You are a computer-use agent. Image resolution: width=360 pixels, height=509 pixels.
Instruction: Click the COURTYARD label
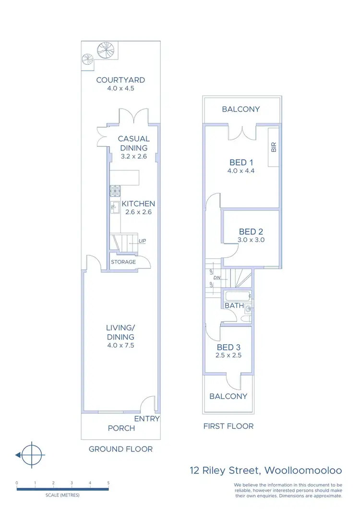point(120,80)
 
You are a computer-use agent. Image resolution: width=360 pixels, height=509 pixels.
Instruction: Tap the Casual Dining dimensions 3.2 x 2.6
point(133,157)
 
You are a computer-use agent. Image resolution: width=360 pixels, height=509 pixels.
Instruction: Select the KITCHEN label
point(138,204)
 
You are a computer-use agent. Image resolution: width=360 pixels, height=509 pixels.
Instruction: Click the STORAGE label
point(123,262)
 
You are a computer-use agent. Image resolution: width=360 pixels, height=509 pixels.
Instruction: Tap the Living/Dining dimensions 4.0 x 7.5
point(120,345)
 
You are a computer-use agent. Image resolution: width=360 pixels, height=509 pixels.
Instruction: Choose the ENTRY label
point(146,419)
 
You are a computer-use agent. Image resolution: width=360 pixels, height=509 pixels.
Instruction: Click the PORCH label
point(121,428)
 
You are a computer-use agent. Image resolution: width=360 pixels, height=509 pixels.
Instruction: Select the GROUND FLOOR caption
point(120,449)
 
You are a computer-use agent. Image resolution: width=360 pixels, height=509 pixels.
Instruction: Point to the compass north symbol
point(32,454)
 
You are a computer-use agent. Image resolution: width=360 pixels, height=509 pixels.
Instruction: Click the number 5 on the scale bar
point(108,483)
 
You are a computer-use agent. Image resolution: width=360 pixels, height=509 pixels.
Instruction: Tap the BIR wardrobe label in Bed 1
point(274,146)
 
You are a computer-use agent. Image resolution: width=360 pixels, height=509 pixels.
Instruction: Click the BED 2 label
point(251,231)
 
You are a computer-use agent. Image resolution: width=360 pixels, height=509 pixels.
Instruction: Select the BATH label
point(235,305)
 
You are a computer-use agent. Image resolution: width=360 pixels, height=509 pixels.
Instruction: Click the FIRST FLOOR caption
point(228,426)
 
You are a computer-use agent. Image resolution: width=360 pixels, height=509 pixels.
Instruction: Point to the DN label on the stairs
point(216,278)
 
